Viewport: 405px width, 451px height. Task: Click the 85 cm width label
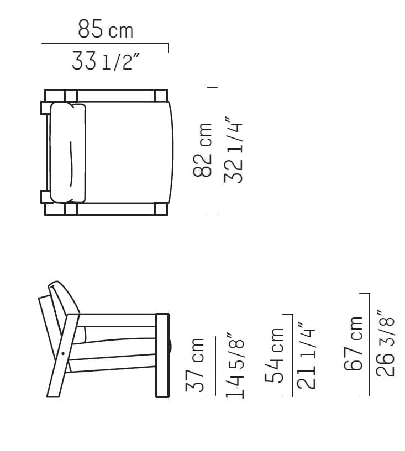point(105,29)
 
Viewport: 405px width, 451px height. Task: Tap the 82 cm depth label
point(203,150)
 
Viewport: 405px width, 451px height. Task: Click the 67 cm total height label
point(354,343)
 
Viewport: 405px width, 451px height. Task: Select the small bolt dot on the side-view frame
point(64,352)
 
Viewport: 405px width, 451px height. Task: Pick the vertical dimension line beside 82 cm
point(217,150)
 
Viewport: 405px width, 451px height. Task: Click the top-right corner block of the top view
point(161,95)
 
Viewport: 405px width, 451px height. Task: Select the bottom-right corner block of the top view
point(161,209)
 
